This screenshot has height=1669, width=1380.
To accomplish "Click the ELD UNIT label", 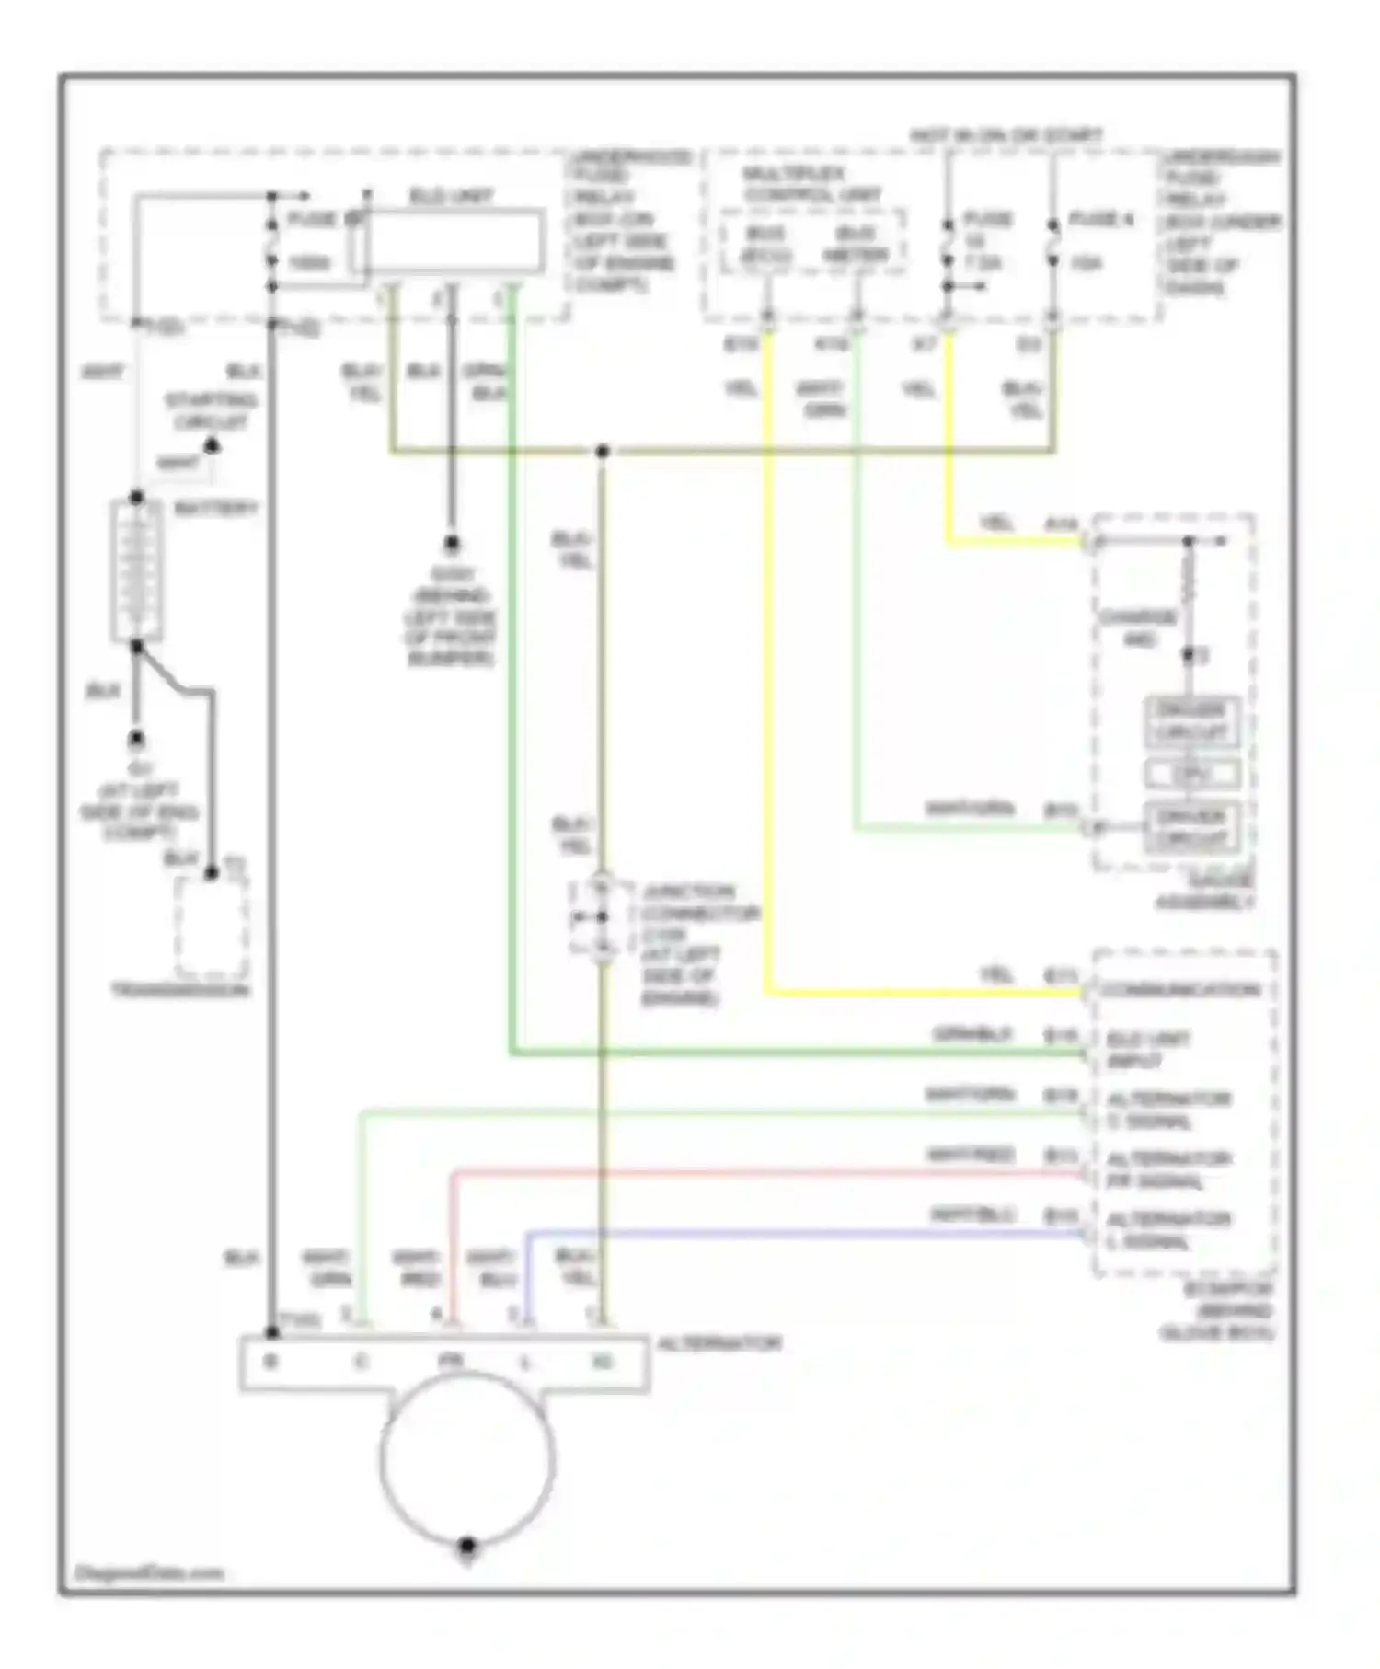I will coord(450,196).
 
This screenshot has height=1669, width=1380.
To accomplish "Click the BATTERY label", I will coord(215,508).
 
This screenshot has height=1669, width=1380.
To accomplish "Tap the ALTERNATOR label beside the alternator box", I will coord(719,1343).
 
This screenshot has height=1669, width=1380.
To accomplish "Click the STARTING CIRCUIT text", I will coord(211,411).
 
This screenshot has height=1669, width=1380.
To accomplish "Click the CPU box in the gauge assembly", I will coord(1191,774).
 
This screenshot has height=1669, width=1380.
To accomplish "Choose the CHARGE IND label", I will coord(1138,627).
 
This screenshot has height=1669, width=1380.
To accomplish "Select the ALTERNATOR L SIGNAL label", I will coord(1167,1230).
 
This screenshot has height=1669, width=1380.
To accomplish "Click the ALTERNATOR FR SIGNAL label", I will coord(1167,1169).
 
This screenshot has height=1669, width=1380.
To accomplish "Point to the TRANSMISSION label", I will coord(180,990).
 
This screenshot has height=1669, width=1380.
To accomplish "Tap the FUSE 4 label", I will coord(1100,219).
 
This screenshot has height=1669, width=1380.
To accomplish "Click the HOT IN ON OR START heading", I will coord(1006,135).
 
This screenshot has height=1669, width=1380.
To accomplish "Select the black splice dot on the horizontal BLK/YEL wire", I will coord(602,452).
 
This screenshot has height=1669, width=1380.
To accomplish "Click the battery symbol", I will coord(136,570).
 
